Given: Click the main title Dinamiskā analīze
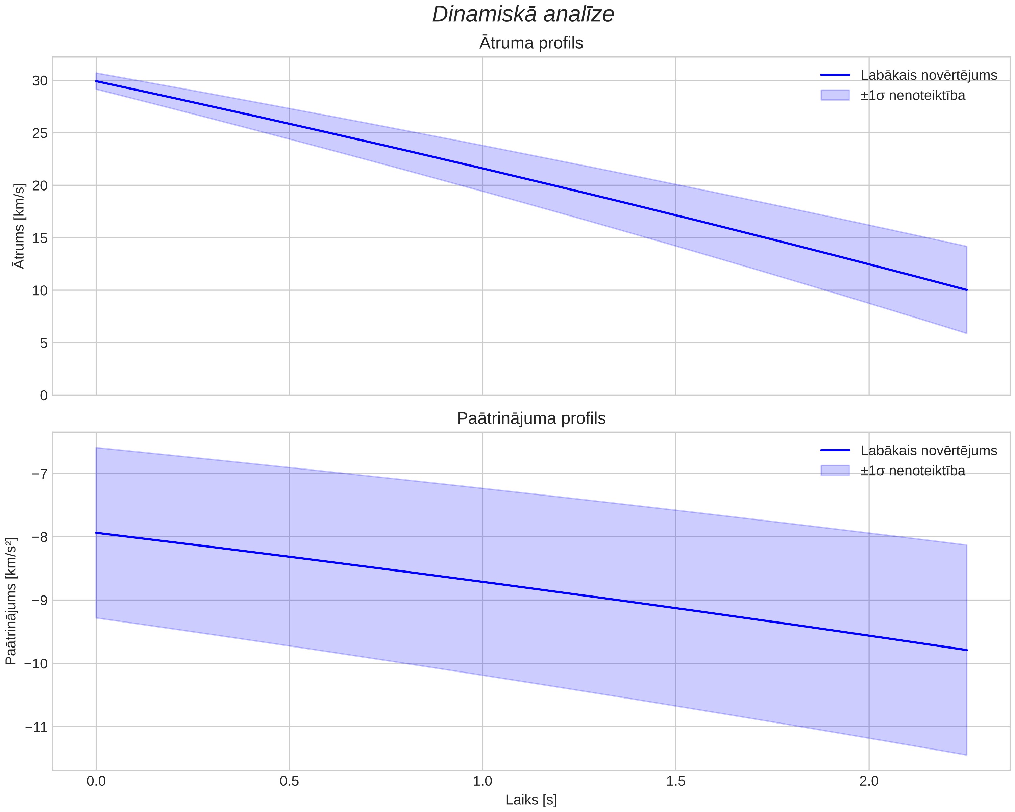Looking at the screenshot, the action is click(523, 14).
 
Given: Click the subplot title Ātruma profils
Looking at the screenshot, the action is click(531, 43).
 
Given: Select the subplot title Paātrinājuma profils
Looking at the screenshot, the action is click(531, 418).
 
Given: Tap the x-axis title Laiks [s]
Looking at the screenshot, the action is click(531, 800).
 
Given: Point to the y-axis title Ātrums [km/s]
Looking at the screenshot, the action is click(19, 226).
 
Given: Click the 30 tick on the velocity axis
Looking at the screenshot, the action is click(40, 80).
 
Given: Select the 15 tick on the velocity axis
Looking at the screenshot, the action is click(40, 238).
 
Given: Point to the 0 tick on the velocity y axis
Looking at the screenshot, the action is click(44, 396).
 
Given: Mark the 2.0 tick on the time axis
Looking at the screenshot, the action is click(869, 781).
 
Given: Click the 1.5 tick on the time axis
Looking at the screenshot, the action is click(675, 781).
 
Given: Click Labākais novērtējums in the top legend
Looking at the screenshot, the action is click(929, 75).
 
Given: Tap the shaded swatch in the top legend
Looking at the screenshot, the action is click(835, 95).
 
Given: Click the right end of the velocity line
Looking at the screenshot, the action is click(966, 290).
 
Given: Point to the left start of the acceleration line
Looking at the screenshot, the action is click(96, 533).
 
